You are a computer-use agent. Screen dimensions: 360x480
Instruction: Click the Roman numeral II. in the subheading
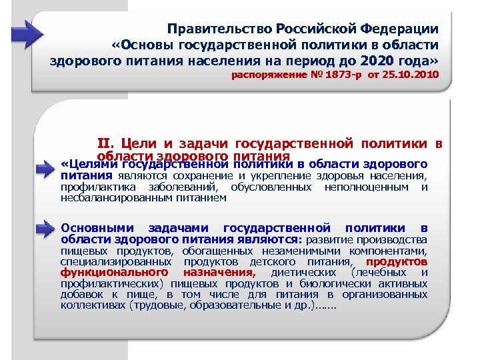[x=107, y=142]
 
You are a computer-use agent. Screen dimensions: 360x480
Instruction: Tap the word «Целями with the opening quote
[x=83, y=164]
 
